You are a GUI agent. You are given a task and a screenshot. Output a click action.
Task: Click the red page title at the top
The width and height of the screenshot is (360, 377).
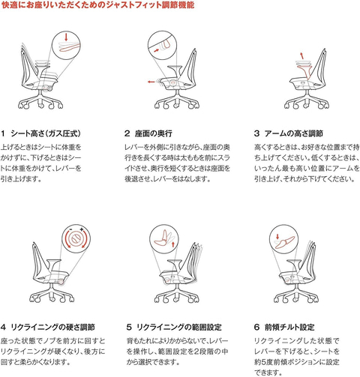click(97, 5)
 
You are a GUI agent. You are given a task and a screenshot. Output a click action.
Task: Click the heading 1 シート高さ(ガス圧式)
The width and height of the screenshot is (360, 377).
click(40, 133)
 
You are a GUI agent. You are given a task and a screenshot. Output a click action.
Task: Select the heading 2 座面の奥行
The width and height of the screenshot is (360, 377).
click(148, 133)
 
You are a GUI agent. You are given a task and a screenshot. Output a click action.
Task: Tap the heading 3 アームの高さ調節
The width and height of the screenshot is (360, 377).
click(289, 133)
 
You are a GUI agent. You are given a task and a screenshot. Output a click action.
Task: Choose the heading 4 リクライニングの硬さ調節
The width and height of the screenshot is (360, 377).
click(48, 327)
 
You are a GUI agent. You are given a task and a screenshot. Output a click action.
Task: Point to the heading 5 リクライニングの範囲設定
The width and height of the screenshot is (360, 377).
click(174, 327)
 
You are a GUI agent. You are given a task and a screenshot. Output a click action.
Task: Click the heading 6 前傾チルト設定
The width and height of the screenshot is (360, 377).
click(284, 327)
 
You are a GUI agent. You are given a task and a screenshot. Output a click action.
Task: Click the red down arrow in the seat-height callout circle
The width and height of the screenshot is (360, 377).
click(66, 37)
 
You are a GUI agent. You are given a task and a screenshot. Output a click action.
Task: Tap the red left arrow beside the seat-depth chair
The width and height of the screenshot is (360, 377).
click(151, 82)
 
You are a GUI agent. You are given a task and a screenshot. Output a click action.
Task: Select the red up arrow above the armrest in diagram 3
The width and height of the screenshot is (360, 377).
click(302, 55)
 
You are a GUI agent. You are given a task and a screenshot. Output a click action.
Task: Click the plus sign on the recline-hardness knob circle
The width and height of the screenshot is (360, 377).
click(82, 229)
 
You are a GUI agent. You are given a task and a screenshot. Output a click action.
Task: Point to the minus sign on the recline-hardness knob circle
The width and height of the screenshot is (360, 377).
click(70, 229)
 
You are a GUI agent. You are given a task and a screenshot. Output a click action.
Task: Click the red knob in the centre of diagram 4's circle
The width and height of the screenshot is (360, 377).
click(76, 238)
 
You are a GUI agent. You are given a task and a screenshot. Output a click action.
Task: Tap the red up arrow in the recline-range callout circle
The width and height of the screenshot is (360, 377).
click(172, 244)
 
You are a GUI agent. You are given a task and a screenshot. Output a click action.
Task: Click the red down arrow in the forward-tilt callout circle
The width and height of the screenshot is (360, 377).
click(277, 236)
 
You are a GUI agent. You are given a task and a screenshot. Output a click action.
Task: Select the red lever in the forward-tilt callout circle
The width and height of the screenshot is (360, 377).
click(285, 242)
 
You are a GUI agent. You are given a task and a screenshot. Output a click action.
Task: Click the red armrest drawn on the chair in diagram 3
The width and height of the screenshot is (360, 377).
click(305, 69)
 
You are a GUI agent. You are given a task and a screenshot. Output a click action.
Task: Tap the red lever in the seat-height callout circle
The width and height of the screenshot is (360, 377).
click(70, 47)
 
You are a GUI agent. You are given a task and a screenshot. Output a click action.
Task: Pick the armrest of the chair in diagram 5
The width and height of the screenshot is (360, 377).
click(174, 264)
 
